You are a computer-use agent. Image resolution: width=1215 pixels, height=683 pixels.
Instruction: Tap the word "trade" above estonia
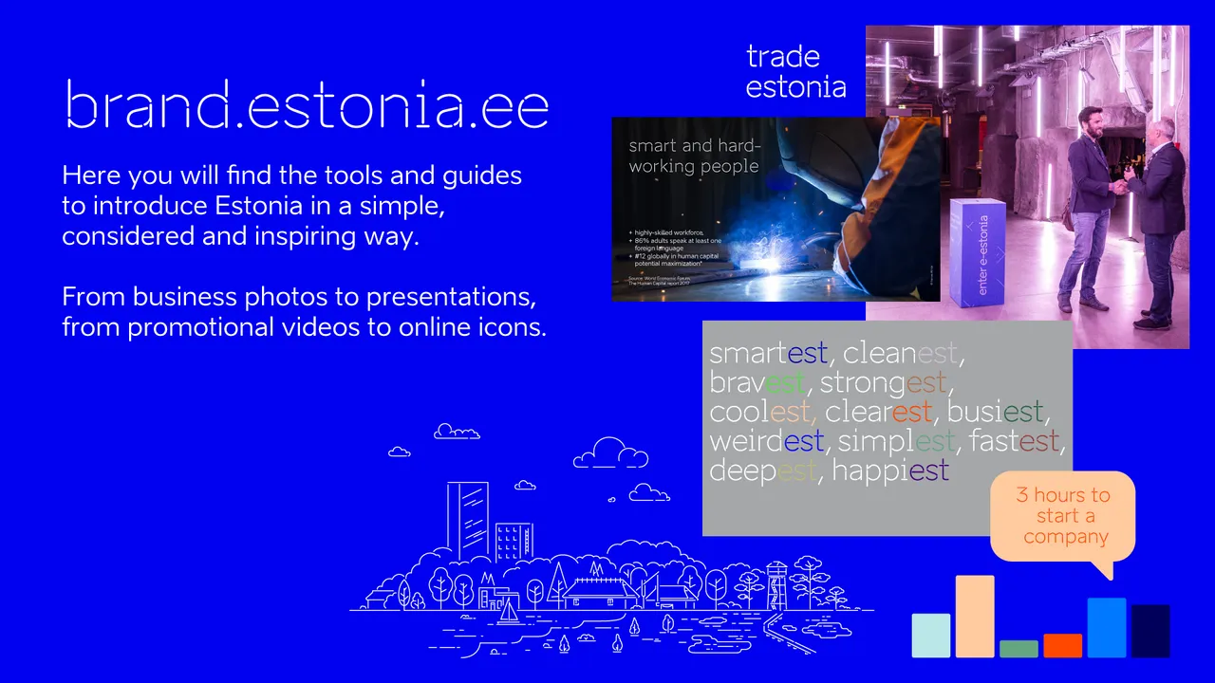click(x=782, y=57)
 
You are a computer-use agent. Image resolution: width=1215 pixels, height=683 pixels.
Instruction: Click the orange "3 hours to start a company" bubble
click(x=1062, y=516)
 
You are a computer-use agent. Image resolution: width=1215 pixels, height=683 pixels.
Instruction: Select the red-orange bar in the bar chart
click(x=1062, y=646)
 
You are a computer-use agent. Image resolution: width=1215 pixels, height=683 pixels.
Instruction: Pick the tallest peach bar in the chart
click(x=975, y=617)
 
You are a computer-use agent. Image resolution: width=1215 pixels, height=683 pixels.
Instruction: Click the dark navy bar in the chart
click(x=1150, y=631)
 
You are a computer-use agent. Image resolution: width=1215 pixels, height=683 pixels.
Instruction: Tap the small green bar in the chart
click(x=1019, y=649)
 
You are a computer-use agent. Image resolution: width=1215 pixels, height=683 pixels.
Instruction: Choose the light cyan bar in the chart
click(x=930, y=636)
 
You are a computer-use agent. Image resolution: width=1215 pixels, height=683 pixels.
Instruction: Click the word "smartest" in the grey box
click(x=768, y=354)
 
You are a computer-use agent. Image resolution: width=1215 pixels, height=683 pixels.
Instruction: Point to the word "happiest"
click(x=889, y=471)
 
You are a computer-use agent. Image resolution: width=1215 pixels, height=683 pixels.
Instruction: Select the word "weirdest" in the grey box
click(x=766, y=441)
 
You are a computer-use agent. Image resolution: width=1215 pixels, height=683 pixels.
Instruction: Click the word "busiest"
click(x=995, y=412)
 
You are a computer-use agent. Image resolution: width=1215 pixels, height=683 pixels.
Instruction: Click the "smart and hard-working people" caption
click(x=694, y=157)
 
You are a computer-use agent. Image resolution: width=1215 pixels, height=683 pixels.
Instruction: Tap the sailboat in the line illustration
click(x=510, y=612)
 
